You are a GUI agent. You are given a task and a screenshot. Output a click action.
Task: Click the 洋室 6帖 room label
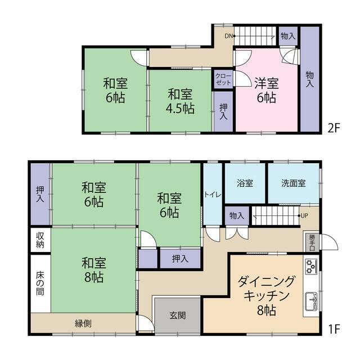[x=266, y=90]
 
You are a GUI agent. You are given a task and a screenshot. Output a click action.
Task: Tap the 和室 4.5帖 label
[x=180, y=101]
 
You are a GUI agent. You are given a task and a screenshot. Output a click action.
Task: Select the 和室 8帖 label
[x=94, y=270]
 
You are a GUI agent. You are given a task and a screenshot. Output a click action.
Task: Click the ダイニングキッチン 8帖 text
[x=266, y=295]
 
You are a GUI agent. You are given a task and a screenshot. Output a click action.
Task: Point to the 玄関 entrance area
[x=178, y=315]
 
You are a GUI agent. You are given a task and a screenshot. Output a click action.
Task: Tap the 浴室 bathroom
[x=245, y=183]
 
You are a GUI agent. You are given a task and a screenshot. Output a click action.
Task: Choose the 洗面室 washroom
[x=294, y=183]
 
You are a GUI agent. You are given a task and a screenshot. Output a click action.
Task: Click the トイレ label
[x=213, y=195]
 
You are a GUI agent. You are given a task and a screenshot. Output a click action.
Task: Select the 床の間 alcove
[x=40, y=283]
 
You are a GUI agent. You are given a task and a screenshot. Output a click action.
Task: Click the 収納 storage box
[x=40, y=240]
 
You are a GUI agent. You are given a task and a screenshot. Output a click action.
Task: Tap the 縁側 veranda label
[x=83, y=323]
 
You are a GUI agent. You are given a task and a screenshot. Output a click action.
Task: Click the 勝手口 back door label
[x=312, y=242]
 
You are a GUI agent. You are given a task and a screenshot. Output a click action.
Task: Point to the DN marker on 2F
[x=228, y=36]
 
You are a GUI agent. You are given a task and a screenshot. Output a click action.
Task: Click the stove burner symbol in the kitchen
[x=311, y=267]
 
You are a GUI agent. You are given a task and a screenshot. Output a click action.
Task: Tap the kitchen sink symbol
[x=311, y=301]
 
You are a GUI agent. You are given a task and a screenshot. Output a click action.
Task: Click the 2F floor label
[x=334, y=128]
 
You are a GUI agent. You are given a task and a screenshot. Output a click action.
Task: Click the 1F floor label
[x=334, y=329]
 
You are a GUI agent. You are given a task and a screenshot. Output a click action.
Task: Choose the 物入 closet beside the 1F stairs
[x=237, y=216]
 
